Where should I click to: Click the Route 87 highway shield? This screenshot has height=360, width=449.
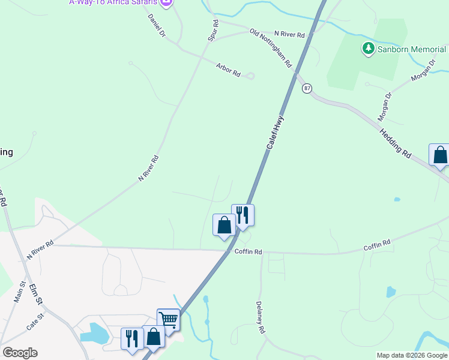click(307, 88)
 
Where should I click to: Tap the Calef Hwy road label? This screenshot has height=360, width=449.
click(275, 133)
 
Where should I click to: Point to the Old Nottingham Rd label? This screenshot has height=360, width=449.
click(271, 47)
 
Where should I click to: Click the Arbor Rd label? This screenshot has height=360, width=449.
click(229, 70)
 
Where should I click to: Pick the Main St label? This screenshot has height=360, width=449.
click(19, 292)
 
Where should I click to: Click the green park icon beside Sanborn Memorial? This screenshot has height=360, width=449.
click(368, 48)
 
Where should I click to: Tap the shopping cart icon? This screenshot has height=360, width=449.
click(169, 319)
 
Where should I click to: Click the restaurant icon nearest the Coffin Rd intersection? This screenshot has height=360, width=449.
click(243, 215)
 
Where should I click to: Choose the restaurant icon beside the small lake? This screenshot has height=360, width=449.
click(132, 338)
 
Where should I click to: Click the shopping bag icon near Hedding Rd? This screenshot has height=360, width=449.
click(440, 155)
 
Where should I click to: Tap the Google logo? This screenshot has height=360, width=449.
click(20, 353)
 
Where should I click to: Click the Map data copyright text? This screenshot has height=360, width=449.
click(412, 355)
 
